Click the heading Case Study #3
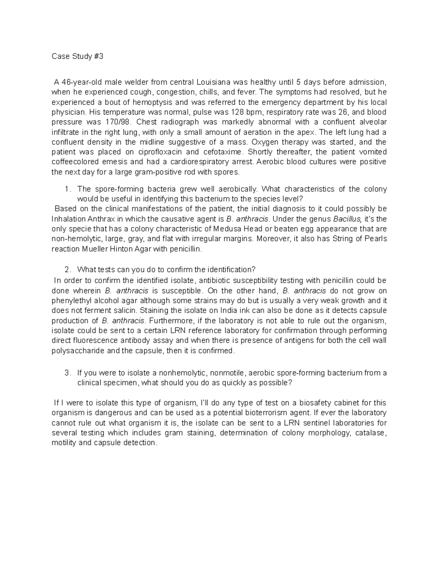point(78,57)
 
